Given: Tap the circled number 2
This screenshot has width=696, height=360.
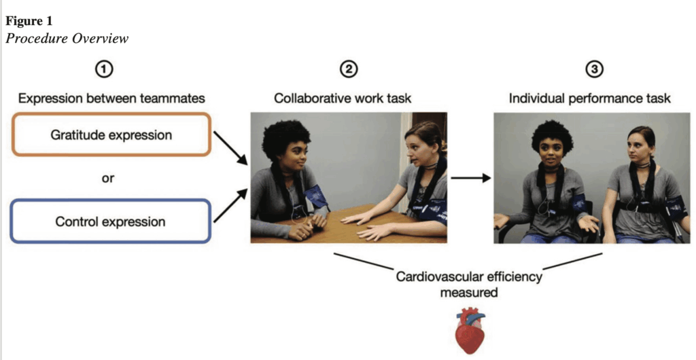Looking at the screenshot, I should [x=349, y=69].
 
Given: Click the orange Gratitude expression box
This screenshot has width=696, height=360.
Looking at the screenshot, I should [x=111, y=134].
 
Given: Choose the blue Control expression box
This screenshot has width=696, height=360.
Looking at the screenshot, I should [x=111, y=221].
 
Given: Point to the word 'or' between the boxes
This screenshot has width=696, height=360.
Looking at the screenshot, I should [x=107, y=179].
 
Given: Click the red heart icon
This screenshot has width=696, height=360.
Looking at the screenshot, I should [x=470, y=330].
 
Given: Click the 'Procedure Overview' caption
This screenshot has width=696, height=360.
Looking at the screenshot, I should [x=67, y=38].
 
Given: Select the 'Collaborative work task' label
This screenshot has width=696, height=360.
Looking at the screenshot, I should [x=343, y=98].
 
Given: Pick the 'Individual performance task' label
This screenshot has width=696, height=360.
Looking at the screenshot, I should [x=589, y=98].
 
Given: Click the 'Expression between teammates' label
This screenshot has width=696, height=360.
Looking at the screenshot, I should [x=111, y=98].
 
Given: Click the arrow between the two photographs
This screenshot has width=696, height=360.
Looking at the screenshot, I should [x=470, y=179].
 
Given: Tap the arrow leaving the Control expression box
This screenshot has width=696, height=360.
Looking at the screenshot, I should [x=231, y=206].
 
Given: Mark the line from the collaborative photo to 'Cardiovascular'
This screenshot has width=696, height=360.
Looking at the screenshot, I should [x=364, y=260].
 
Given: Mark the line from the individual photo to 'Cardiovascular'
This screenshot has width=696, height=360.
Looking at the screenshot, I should [x=572, y=261].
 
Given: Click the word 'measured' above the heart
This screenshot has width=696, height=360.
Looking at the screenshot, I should [x=469, y=292].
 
